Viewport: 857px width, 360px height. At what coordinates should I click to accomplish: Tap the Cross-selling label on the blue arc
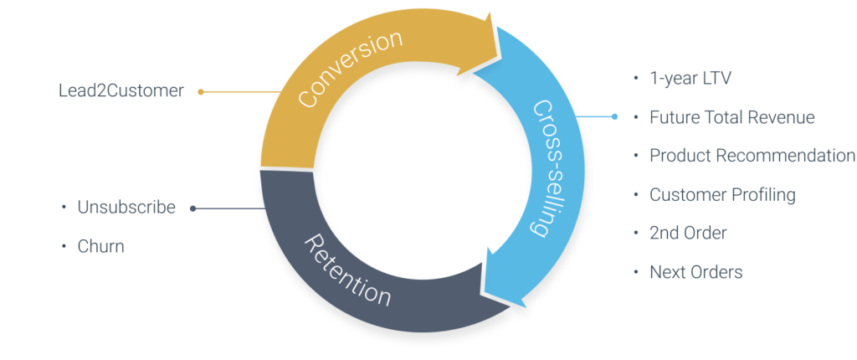point(543,168)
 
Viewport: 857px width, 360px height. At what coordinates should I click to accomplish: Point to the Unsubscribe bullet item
point(126,208)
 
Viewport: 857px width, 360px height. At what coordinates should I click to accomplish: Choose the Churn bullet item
point(100,246)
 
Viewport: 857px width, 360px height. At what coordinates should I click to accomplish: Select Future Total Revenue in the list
point(731,117)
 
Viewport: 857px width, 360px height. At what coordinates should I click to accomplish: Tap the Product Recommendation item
point(752,157)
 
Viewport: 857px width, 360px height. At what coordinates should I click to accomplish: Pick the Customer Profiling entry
point(721,195)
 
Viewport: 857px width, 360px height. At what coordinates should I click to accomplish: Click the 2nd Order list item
point(688,234)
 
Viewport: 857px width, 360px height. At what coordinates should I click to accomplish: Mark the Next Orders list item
point(695,272)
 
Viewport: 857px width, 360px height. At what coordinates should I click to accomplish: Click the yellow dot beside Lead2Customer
point(201,92)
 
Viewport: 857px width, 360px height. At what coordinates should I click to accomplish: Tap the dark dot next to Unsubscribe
point(193,208)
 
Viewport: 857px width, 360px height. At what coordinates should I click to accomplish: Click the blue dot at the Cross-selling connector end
point(614,117)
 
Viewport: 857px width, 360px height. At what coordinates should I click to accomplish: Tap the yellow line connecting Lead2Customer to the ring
point(243,92)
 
